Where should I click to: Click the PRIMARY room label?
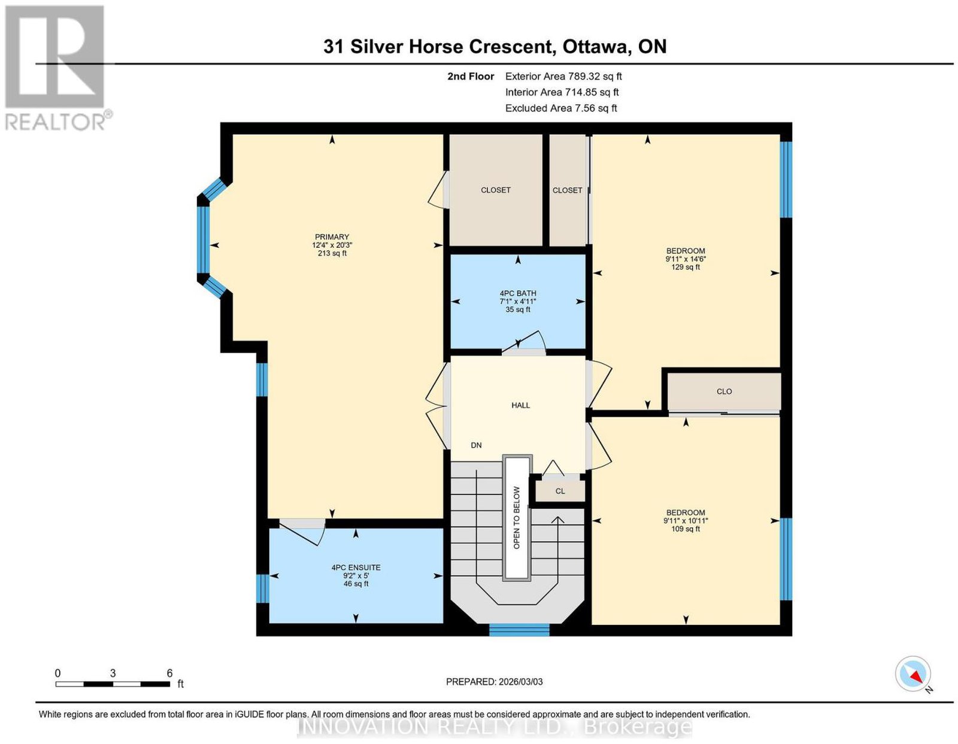pyautogui.click(x=332, y=237)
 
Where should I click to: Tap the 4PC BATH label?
pyautogui.click(x=517, y=293)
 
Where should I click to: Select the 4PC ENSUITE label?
pyautogui.click(x=356, y=568)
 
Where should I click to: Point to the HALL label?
pyautogui.click(x=521, y=405)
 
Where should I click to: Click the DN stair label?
pyautogui.click(x=476, y=445)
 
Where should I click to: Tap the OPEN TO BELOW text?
pyautogui.click(x=517, y=518)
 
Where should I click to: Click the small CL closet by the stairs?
pyautogui.click(x=560, y=491)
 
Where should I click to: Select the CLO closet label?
pyautogui.click(x=724, y=391)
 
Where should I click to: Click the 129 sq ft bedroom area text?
pyautogui.click(x=686, y=267)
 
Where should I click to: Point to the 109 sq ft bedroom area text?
pyautogui.click(x=686, y=529)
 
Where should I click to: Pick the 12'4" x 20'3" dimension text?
pyautogui.click(x=332, y=245)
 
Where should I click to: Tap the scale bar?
pyautogui.click(x=113, y=684)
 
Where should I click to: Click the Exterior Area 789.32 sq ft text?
pyautogui.click(x=563, y=76)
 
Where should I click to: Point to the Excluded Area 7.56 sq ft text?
pyautogui.click(x=561, y=108)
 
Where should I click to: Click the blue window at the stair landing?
pyautogui.click(x=519, y=630)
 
